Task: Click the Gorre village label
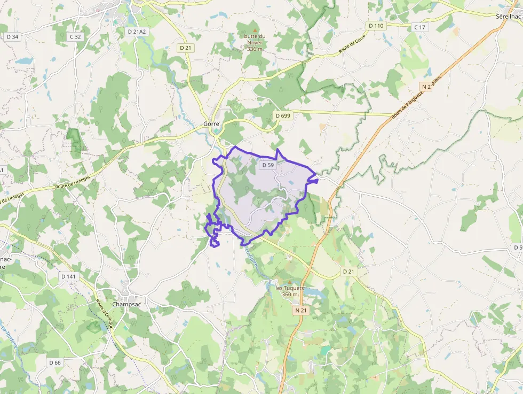click(211, 123)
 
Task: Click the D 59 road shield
click(268, 165)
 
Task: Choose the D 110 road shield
click(376, 26)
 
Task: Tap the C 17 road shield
click(419, 27)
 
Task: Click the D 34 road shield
click(12, 37)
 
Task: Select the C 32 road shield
click(75, 37)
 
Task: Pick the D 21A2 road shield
click(137, 32)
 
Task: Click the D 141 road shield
click(68, 276)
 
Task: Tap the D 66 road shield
click(55, 362)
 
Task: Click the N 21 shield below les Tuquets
click(300, 310)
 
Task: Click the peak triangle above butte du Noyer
click(255, 29)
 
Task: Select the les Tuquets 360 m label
click(289, 291)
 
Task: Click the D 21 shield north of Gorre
click(186, 48)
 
